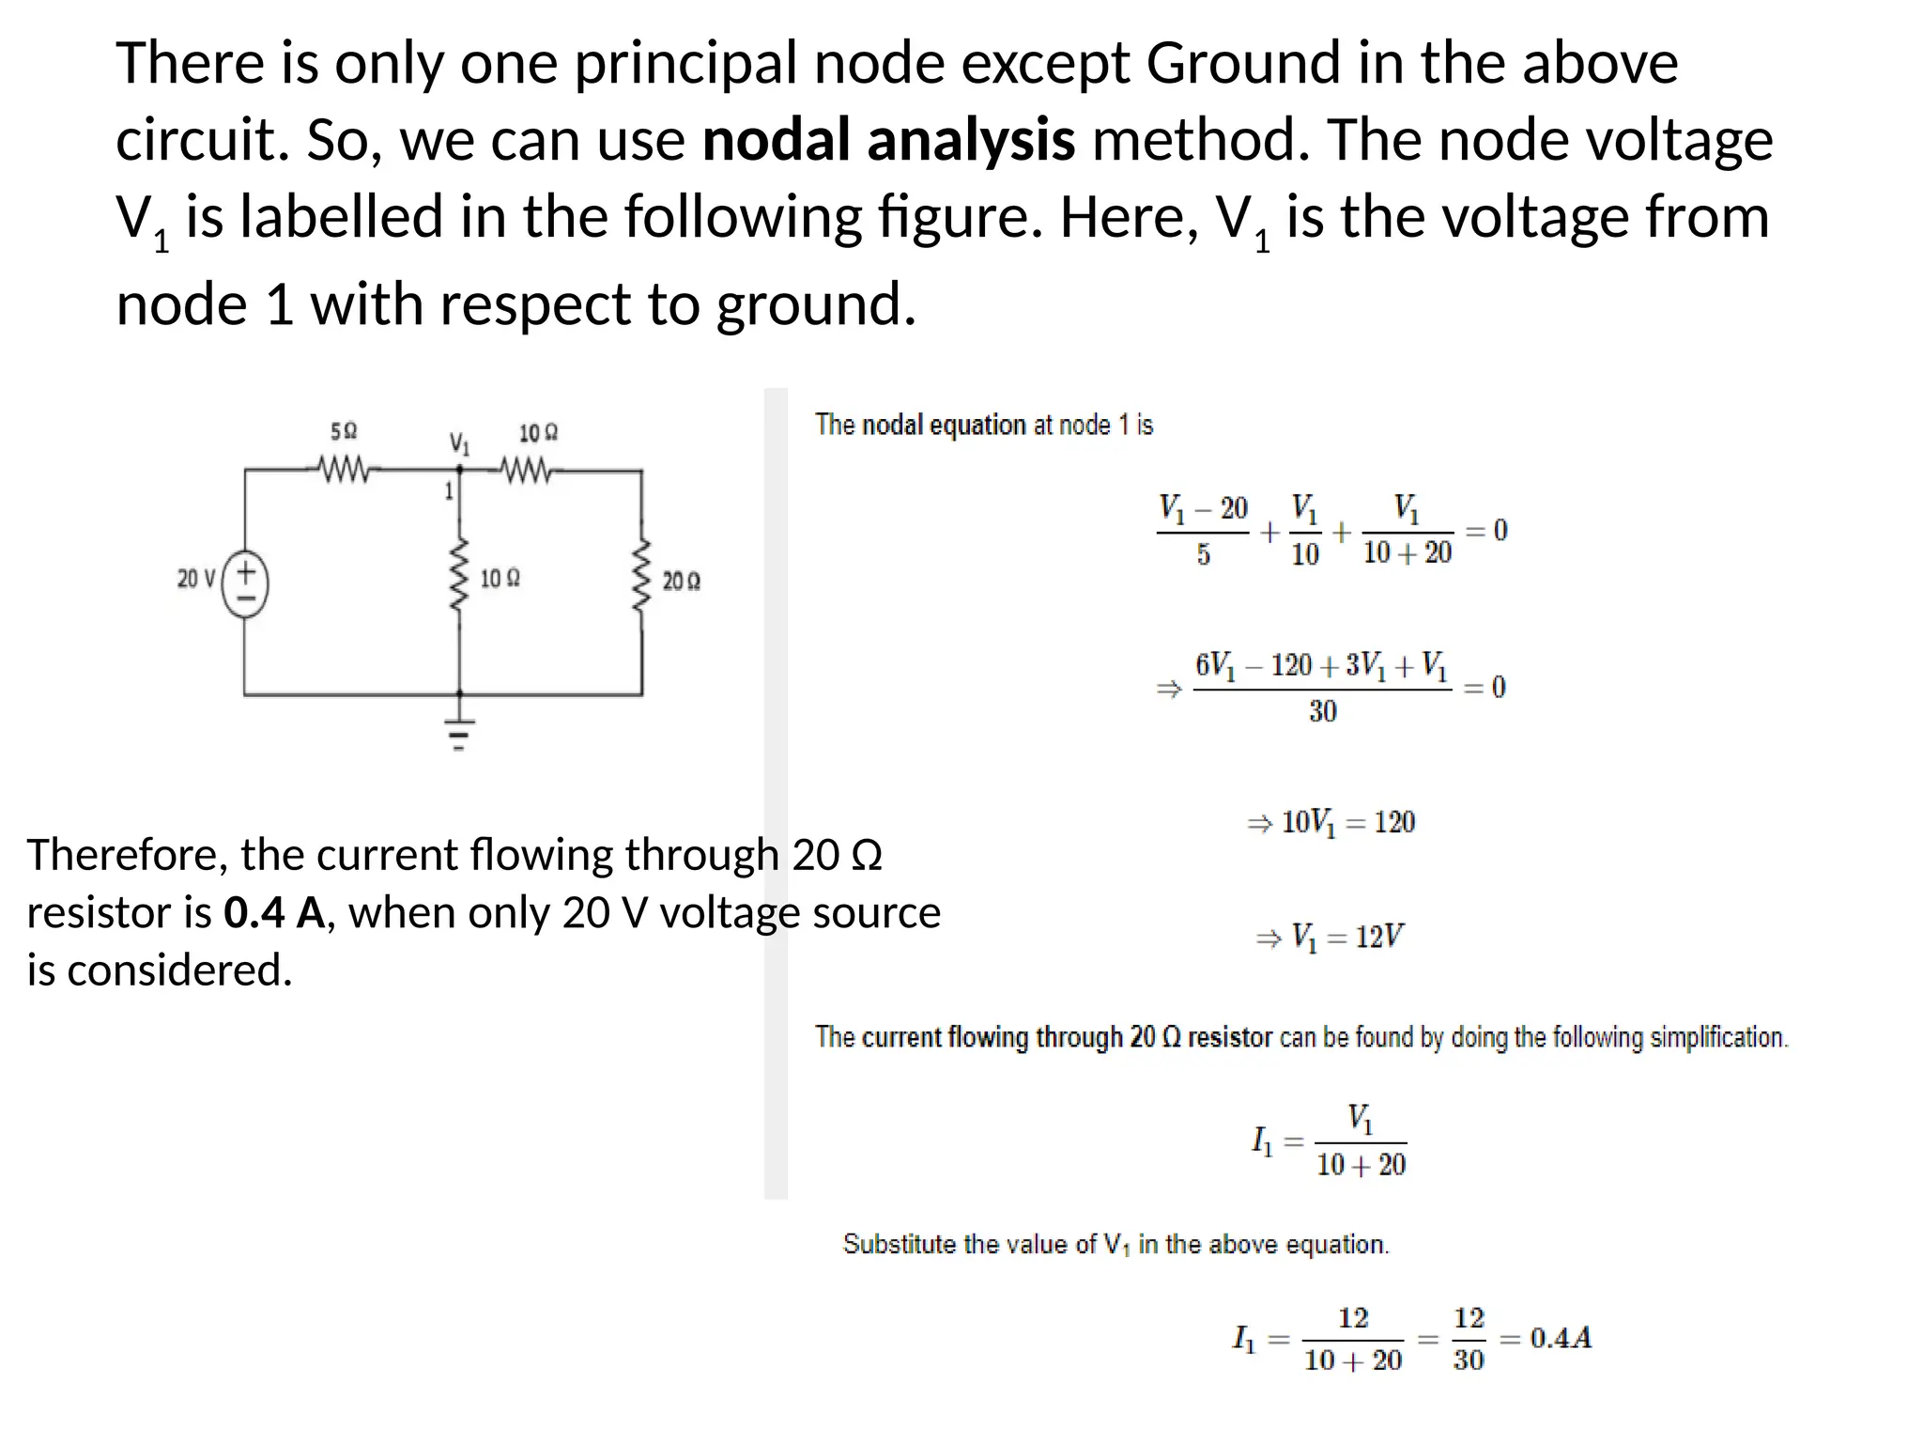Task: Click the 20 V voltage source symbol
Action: click(x=246, y=583)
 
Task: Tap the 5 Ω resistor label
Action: click(x=344, y=431)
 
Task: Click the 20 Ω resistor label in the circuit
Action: click(x=681, y=582)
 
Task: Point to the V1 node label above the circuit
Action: click(x=459, y=443)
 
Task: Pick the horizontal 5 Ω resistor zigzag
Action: click(x=344, y=468)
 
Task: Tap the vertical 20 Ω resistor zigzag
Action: click(x=642, y=575)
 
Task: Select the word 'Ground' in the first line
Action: click(x=1243, y=64)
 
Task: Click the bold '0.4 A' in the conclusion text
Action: click(x=274, y=913)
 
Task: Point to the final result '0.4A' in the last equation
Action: click(x=1561, y=1338)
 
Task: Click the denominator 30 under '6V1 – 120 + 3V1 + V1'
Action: click(x=1322, y=711)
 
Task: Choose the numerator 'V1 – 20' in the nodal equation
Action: click(x=1203, y=509)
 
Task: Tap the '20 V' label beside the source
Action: click(x=196, y=579)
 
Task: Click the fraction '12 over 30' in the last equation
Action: click(x=1469, y=1339)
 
